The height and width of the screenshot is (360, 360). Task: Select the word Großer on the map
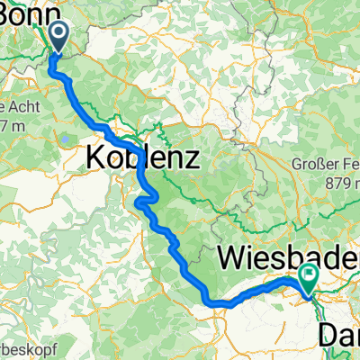coord(314,165)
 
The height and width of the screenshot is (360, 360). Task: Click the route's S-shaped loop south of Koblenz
coord(147,200)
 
